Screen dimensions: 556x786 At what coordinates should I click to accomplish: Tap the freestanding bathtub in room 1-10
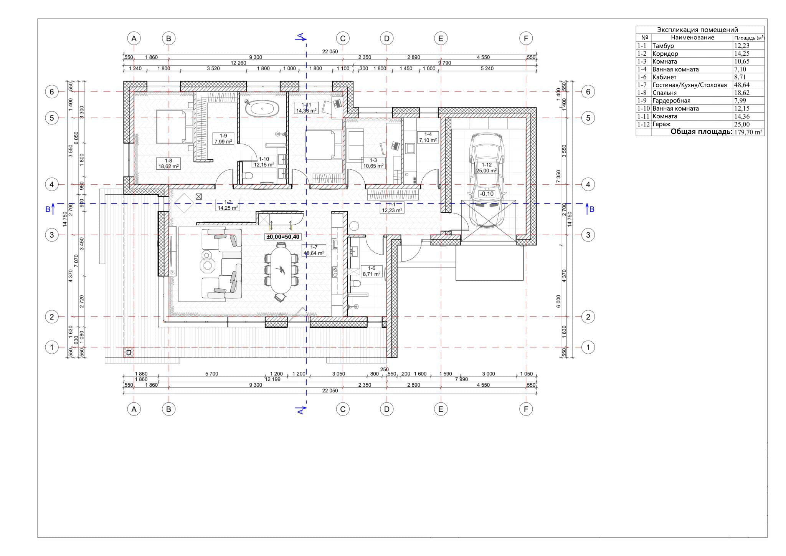pyautogui.click(x=262, y=109)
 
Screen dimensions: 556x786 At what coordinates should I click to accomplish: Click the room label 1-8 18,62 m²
pyautogui.click(x=168, y=164)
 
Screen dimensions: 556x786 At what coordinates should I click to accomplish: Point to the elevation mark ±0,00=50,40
pyautogui.click(x=283, y=237)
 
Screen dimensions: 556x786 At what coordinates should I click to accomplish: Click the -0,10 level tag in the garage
pyautogui.click(x=487, y=194)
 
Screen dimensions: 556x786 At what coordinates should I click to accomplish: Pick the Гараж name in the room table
pyautogui.click(x=661, y=124)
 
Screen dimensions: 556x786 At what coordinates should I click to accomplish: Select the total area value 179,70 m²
pyautogui.click(x=748, y=132)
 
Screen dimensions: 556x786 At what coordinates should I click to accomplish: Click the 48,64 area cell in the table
pyautogui.click(x=741, y=85)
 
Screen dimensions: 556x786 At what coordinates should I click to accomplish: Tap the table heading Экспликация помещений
pyautogui.click(x=697, y=30)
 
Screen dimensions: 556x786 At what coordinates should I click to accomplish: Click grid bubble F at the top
pyautogui.click(x=525, y=38)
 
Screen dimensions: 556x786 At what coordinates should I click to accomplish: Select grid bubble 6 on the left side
pyautogui.click(x=52, y=92)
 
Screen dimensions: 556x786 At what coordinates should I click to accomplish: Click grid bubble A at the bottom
pyautogui.click(x=134, y=409)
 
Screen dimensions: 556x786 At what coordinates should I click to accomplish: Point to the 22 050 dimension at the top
pyautogui.click(x=330, y=51)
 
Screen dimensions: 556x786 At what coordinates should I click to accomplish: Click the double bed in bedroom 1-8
pyautogui.click(x=175, y=126)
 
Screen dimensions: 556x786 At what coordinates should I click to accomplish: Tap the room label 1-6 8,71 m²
pyautogui.click(x=371, y=271)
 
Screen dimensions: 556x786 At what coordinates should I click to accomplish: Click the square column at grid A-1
pyautogui.click(x=129, y=352)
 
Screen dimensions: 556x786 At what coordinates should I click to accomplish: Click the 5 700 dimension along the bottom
pyautogui.click(x=211, y=374)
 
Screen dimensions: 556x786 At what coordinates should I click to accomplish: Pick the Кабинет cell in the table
pyautogui.click(x=664, y=77)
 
